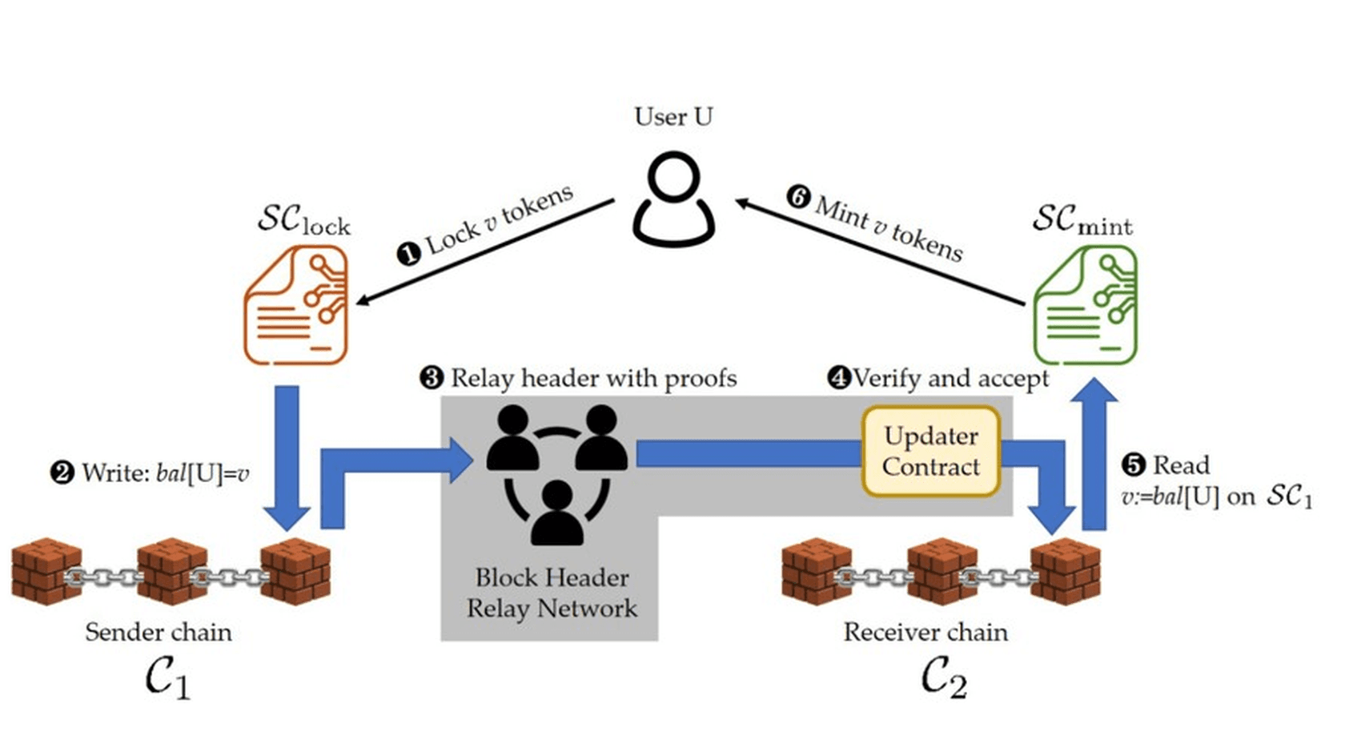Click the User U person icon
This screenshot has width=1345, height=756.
point(673,199)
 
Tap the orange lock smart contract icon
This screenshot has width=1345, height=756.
point(295,305)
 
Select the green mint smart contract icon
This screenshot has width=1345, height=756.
point(1086,305)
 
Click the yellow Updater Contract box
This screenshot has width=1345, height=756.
point(930,452)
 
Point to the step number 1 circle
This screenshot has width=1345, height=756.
point(409,254)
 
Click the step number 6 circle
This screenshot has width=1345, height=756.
point(799,197)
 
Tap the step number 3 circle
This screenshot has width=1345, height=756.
point(432,378)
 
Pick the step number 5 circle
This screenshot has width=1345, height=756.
point(1134,465)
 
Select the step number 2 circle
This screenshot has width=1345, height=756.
point(62,472)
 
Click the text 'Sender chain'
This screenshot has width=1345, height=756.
point(159,633)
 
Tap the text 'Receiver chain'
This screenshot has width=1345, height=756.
point(925,633)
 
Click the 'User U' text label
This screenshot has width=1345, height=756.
point(674,116)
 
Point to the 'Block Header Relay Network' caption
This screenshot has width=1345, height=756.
point(552,593)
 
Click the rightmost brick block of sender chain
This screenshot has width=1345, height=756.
point(295,571)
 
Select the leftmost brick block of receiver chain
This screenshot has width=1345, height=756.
point(817,571)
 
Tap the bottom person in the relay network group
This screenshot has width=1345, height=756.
point(557,513)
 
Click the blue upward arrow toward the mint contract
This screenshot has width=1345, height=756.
point(1094,454)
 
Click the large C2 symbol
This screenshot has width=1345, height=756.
point(944,678)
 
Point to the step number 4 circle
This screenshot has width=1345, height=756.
point(839,378)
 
